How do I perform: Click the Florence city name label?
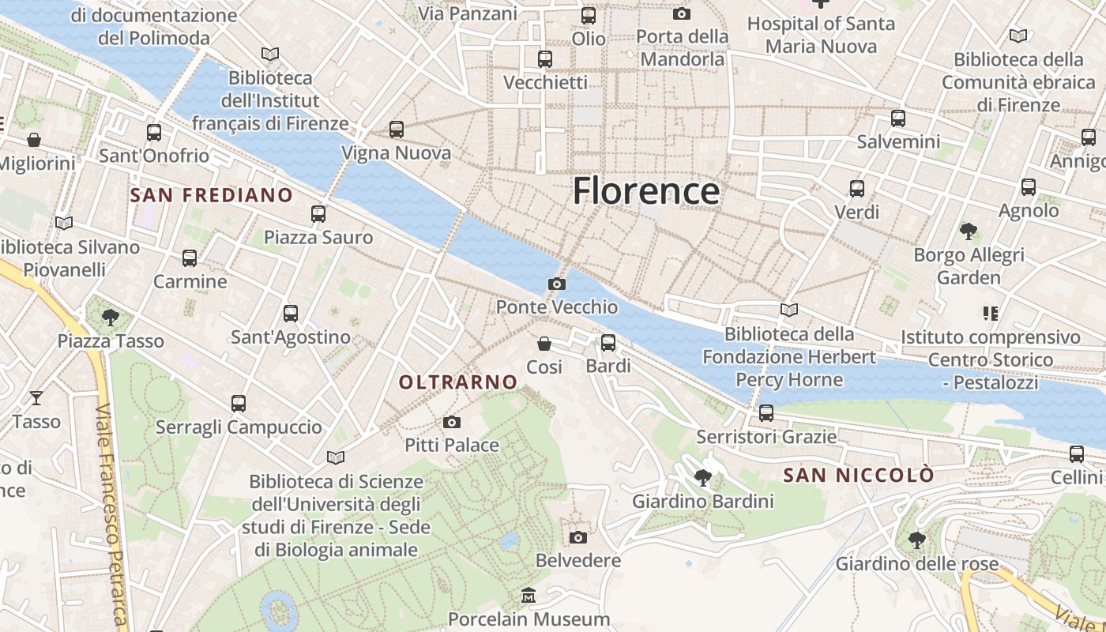(x=645, y=192)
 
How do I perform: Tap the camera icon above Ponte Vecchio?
(x=557, y=284)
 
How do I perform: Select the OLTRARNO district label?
(x=458, y=382)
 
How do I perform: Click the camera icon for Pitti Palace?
(x=452, y=423)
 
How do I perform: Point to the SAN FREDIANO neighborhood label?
(x=211, y=195)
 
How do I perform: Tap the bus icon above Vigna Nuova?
(x=397, y=129)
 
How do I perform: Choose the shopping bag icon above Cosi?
(x=544, y=344)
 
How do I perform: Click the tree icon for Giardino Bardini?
(x=702, y=477)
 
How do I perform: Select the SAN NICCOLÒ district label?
(x=859, y=476)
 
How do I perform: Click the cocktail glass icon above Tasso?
(x=36, y=397)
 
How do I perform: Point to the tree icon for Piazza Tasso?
(x=111, y=318)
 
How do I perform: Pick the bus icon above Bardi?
(x=608, y=342)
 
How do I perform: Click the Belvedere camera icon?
(x=578, y=537)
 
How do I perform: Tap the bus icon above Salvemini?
(x=898, y=118)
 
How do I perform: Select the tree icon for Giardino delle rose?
(x=917, y=540)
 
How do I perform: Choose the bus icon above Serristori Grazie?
(x=766, y=412)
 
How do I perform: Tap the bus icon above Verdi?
(x=857, y=189)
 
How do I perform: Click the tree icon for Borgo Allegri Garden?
(x=969, y=231)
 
